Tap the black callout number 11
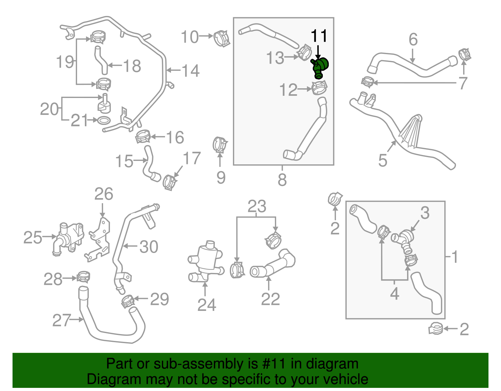319,36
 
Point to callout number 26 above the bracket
104,194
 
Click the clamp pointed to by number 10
222,39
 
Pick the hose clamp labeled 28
83,277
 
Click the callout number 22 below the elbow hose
270,299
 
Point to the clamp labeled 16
143,136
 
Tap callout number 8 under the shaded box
282,180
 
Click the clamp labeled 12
320,88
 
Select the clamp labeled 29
128,301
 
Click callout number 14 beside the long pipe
190,71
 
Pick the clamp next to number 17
170,182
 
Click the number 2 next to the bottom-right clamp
464,329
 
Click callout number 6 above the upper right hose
413,40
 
